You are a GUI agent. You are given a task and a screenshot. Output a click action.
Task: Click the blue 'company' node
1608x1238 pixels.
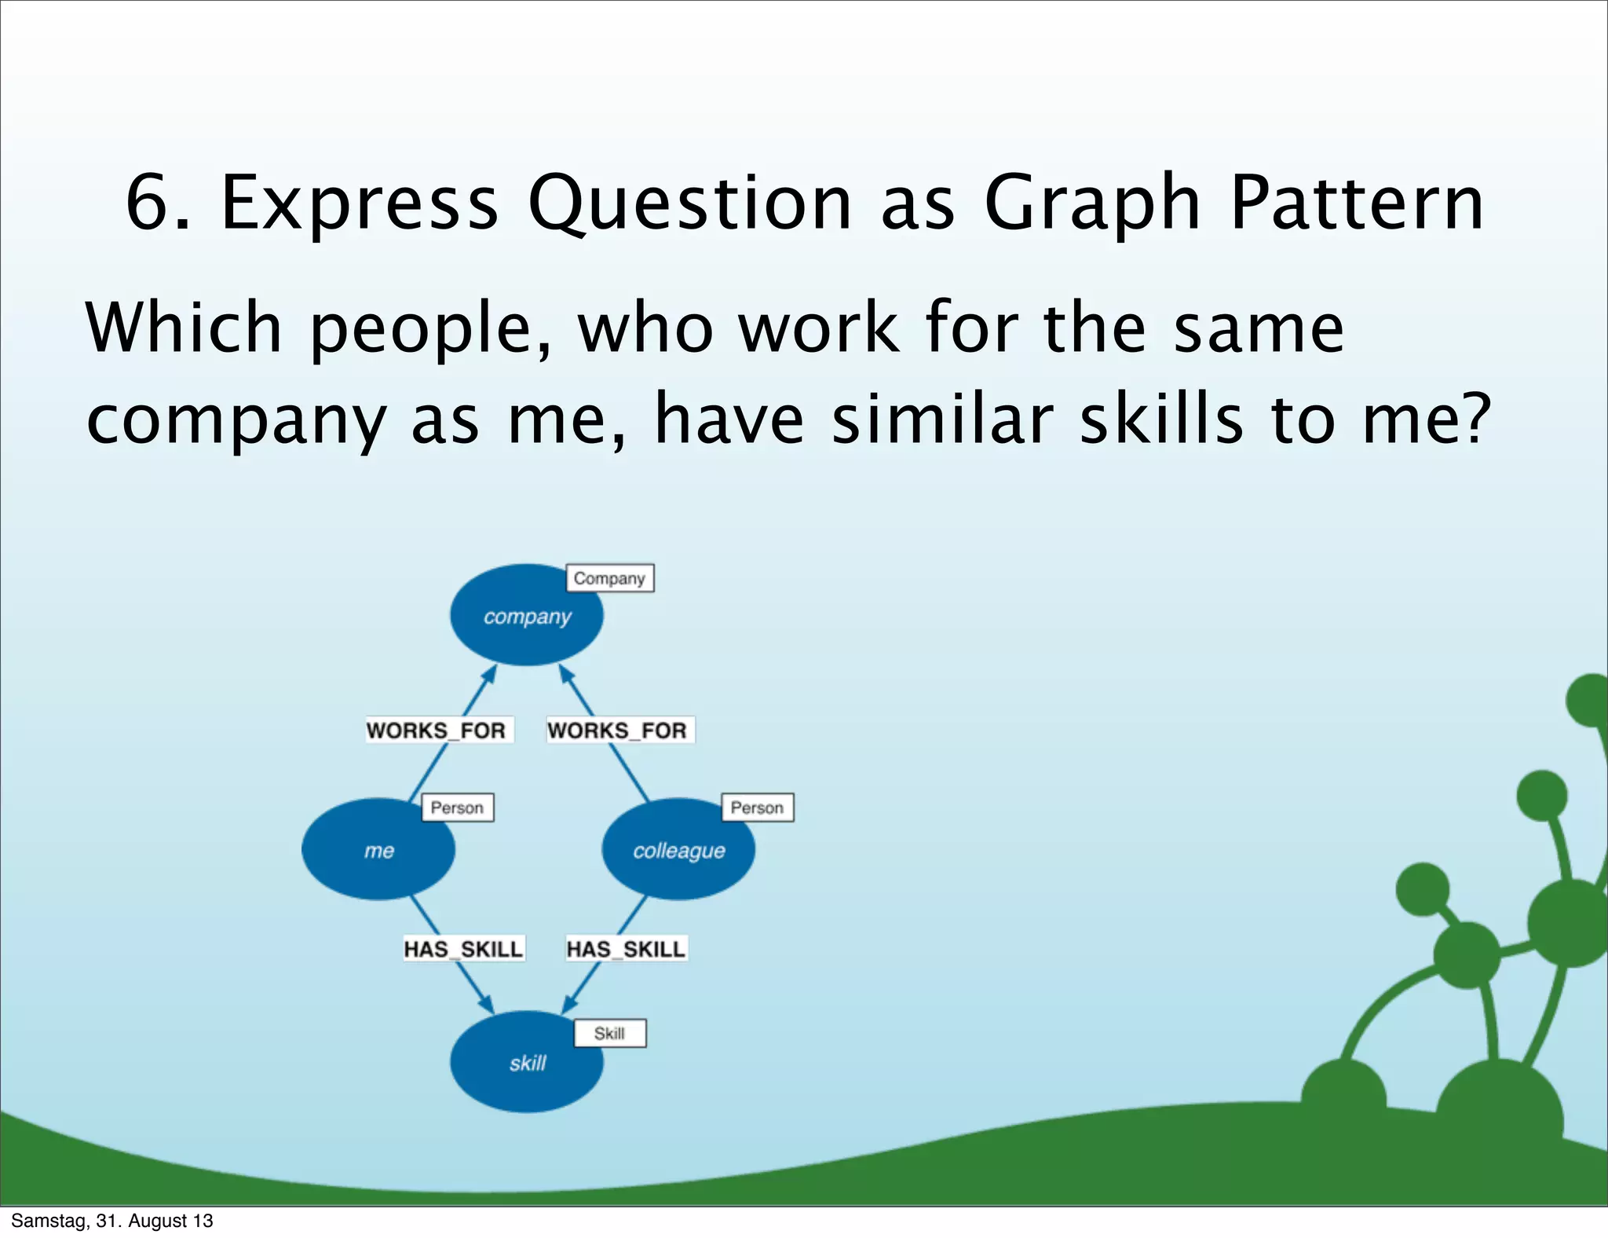[526, 616]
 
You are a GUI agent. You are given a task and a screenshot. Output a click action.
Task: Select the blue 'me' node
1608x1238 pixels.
[378, 850]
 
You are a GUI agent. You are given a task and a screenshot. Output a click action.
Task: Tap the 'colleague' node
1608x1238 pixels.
[678, 850]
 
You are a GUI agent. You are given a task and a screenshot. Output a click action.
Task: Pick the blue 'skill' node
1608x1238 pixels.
[526, 1062]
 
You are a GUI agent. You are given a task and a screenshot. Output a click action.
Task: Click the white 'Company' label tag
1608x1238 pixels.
[609, 578]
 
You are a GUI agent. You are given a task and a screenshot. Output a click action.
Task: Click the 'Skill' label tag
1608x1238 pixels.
[609, 1033]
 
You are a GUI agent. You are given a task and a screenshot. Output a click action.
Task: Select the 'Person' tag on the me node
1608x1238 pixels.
[457, 808]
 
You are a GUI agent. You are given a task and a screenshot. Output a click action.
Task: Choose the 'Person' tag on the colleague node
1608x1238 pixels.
[757, 808]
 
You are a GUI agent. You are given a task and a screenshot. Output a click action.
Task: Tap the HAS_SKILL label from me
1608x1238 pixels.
[463, 949]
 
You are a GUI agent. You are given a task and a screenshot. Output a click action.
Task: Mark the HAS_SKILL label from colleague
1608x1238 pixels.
[626, 949]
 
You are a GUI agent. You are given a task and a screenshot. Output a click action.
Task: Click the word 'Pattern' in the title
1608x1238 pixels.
[1357, 204]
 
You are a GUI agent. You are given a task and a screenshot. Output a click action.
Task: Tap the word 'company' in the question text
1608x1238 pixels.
[236, 420]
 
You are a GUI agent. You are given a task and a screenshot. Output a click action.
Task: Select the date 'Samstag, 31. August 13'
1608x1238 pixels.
[111, 1221]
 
